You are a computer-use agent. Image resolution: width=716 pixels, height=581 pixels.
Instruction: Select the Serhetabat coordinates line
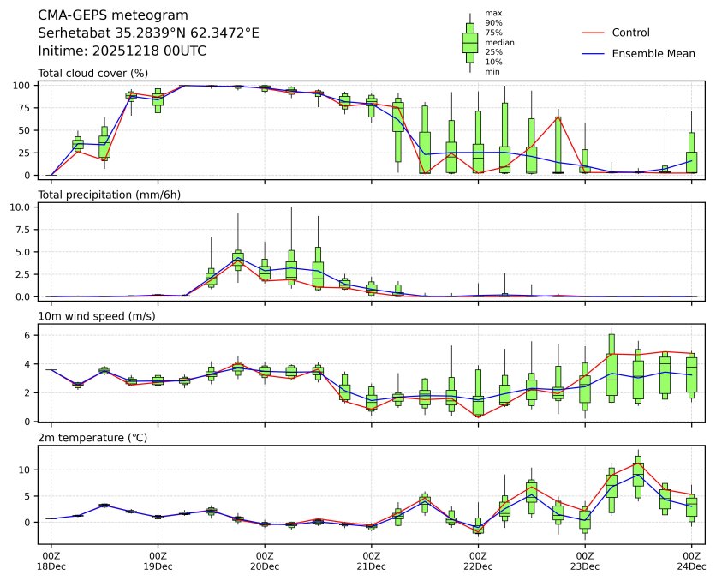pyautogui.click(x=148, y=33)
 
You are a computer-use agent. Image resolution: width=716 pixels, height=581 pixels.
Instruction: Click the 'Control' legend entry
pyautogui.click(x=630, y=33)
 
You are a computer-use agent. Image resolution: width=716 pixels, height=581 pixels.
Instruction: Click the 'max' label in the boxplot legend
pyautogui.click(x=492, y=13)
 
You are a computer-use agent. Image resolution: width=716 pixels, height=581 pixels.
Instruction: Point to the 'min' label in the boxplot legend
pyautogui.click(x=492, y=72)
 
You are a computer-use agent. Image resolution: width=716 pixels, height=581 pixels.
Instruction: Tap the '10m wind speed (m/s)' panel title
pyautogui.click(x=94, y=316)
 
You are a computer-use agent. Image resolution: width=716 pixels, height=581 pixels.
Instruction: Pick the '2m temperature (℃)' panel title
pyautogui.click(x=92, y=438)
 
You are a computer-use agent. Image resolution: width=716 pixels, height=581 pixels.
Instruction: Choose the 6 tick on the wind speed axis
pyautogui.click(x=29, y=336)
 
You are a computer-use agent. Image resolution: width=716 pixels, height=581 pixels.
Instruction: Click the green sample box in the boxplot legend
pyautogui.click(x=470, y=42)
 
